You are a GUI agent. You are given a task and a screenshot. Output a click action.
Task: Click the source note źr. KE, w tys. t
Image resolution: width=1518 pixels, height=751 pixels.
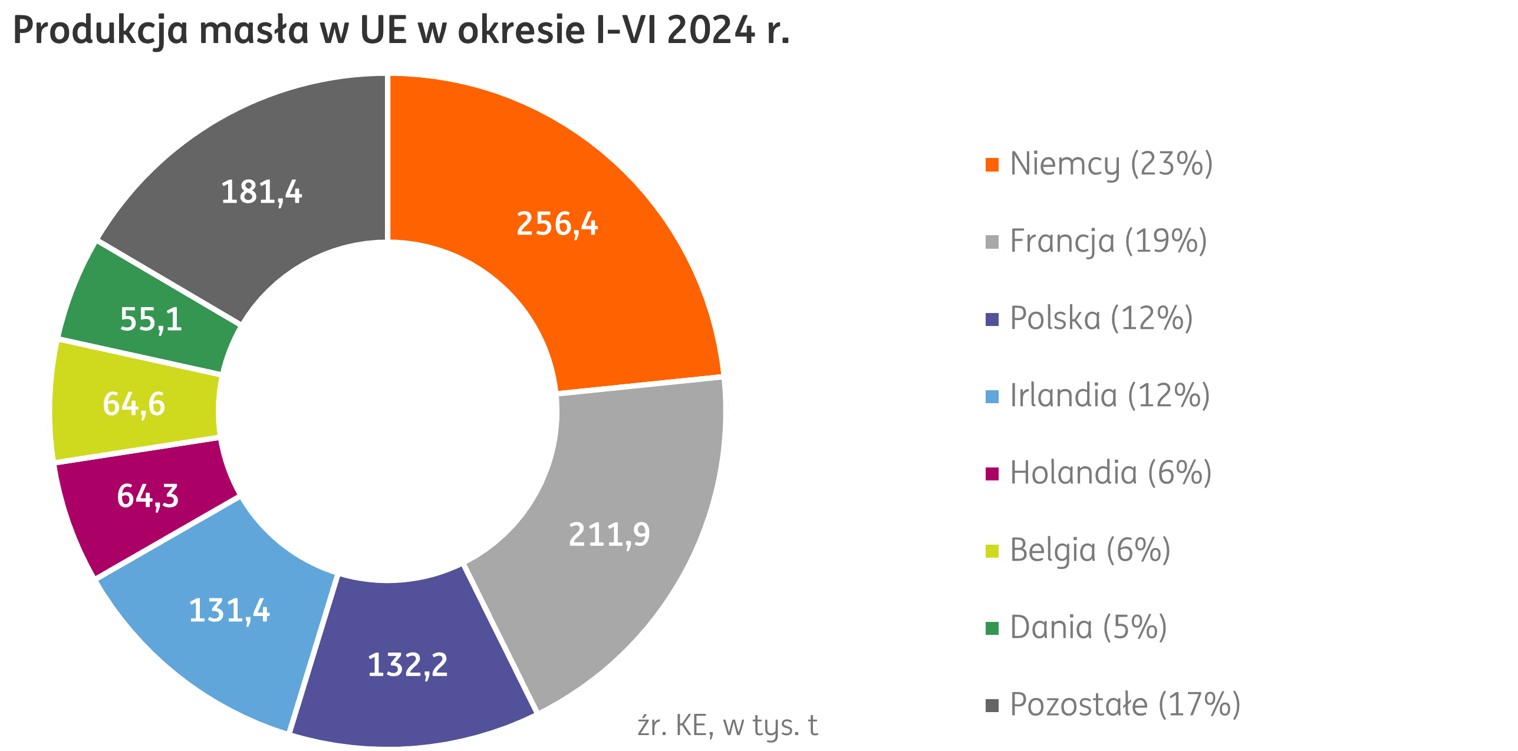727,726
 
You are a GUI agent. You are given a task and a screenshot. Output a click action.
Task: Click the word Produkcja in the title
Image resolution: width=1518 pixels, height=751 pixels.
100,31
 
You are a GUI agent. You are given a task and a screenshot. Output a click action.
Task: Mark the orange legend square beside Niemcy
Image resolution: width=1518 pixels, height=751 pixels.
992,164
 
